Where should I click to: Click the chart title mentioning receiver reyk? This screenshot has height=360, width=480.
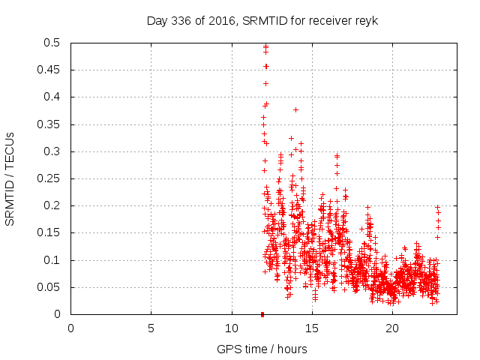coord(262,20)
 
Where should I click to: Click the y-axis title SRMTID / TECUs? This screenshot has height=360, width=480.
coord(10,178)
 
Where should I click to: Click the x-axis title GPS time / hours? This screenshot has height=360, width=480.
coord(262,349)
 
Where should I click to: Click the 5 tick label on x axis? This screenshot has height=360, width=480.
coord(151,328)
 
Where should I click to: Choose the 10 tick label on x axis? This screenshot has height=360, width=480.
coord(231,328)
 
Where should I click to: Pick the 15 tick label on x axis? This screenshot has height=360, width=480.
coord(311,328)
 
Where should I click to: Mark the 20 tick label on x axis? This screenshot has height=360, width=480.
coord(391,328)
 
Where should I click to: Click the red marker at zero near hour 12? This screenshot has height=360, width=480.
coord(262,314)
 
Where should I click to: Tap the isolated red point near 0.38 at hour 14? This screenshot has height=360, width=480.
coord(295,109)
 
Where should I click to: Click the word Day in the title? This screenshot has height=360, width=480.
coord(156,20)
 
